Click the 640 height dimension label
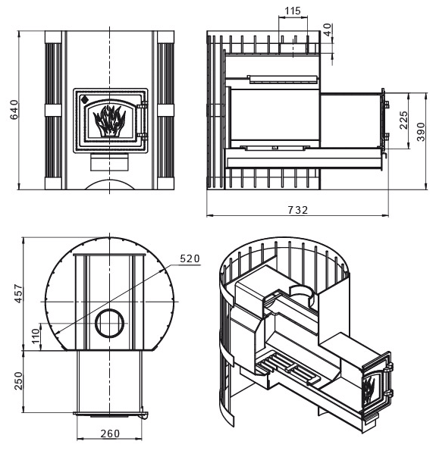pyautogui.click(x=14, y=110)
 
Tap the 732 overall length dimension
pyautogui.click(x=298, y=210)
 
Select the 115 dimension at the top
pyautogui.click(x=293, y=11)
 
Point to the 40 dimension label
pyautogui.click(x=328, y=30)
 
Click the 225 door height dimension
pyautogui.click(x=403, y=120)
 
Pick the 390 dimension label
pyautogui.click(x=421, y=132)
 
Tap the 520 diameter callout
pyautogui.click(x=190, y=258)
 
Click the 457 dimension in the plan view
pyautogui.click(x=18, y=293)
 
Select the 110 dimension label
pyautogui.click(x=36, y=336)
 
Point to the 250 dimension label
pyautogui.click(x=18, y=380)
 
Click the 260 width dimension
pyautogui.click(x=110, y=434)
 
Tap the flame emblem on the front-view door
pyautogui.click(x=109, y=121)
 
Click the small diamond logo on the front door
pyautogui.click(x=85, y=99)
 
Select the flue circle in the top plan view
pyautogui.click(x=110, y=323)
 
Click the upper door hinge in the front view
pyautogui.click(x=143, y=105)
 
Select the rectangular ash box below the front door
pyautogui.click(x=109, y=162)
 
